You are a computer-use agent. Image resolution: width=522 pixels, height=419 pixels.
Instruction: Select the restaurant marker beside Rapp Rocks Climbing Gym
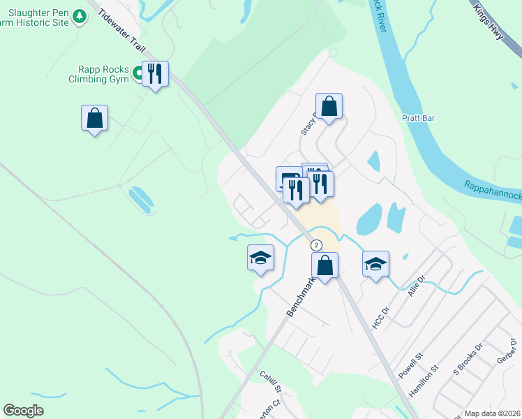click(155, 73)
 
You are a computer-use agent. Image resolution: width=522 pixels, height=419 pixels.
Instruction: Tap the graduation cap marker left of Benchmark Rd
click(260, 258)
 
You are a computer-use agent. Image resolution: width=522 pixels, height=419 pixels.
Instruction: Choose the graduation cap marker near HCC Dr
click(375, 264)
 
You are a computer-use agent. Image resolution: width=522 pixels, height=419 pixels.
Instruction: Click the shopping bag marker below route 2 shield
click(325, 265)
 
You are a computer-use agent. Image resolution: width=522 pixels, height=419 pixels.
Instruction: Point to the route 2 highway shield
click(316, 245)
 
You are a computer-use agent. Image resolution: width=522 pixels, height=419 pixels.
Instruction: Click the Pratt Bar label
click(419, 118)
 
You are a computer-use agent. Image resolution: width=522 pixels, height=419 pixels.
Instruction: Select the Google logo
click(23, 411)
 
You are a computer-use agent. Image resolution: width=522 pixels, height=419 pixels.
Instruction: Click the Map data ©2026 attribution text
click(491, 413)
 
